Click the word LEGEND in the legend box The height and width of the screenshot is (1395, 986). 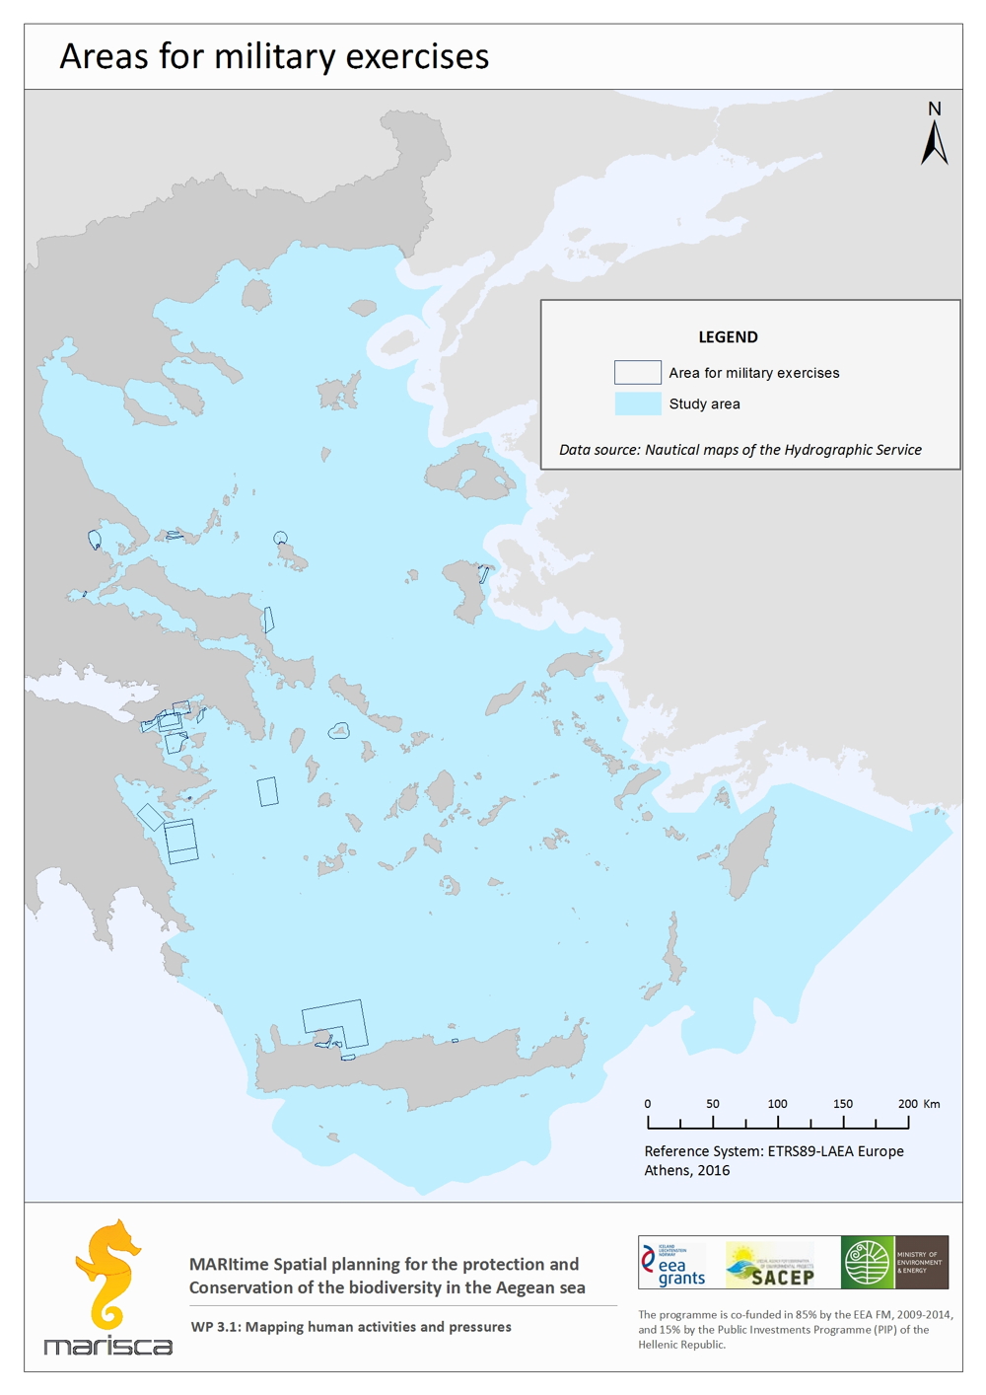tap(728, 337)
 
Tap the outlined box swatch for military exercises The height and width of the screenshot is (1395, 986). tap(637, 372)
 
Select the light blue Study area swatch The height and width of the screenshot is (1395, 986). tap(637, 404)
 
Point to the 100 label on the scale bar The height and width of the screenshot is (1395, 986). tap(777, 1104)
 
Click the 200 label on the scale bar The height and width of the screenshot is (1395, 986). tap(907, 1104)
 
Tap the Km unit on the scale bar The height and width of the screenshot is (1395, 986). tap(932, 1104)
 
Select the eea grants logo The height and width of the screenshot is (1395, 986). tap(674, 1263)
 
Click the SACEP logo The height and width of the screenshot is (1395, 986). tap(770, 1264)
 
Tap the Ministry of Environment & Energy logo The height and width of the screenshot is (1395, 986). tap(895, 1263)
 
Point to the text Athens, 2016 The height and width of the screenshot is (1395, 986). tap(686, 1171)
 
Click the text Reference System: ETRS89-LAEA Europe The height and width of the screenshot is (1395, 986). tap(773, 1151)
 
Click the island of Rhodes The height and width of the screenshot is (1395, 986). tap(752, 852)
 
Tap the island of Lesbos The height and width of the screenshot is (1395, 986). tap(471, 474)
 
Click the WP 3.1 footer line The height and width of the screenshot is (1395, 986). tap(351, 1327)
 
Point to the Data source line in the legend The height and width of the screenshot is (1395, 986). tap(739, 450)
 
